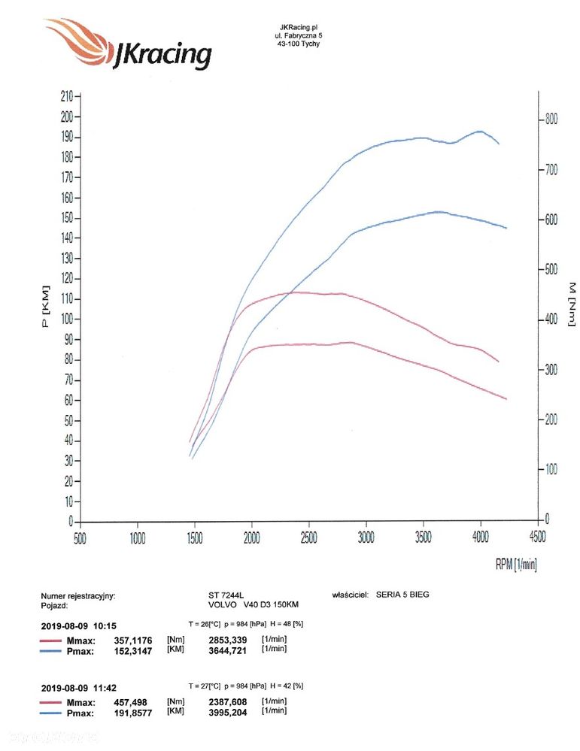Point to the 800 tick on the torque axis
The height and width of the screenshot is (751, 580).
(551, 120)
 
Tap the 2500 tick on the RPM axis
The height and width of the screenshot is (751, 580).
(309, 538)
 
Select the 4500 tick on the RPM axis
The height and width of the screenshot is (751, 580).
(537, 538)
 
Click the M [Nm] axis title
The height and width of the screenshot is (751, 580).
(571, 304)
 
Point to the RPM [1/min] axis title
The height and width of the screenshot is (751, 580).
(516, 565)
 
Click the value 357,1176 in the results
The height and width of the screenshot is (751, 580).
(133, 640)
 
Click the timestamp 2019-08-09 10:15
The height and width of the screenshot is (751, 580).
(79, 625)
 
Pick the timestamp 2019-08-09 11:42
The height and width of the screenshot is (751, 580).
(79, 687)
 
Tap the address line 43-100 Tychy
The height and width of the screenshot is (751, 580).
(298, 43)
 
